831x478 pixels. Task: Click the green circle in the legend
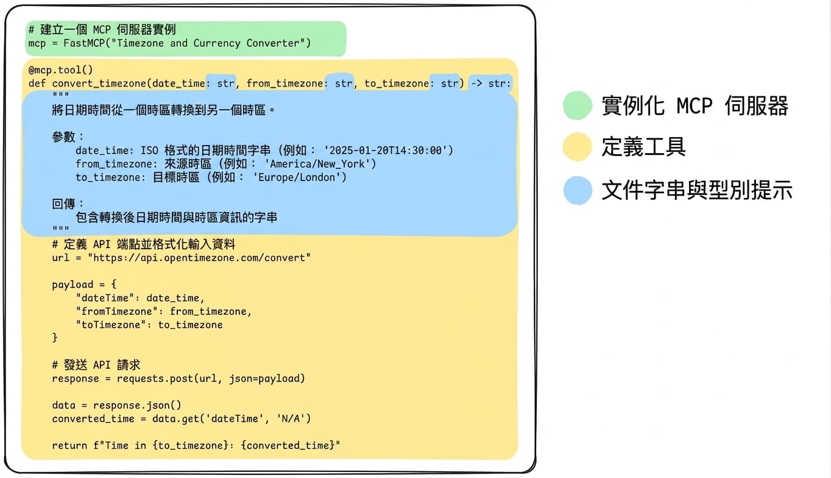[x=577, y=105]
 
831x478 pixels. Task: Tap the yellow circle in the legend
[x=577, y=147]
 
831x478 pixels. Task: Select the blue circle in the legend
[x=577, y=190]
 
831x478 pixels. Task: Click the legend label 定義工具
[x=643, y=146]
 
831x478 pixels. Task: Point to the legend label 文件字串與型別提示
[x=697, y=190]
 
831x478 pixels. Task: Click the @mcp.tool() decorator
[x=60, y=70]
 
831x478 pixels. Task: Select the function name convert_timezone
[x=99, y=84]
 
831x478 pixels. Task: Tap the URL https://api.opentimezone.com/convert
[x=199, y=258]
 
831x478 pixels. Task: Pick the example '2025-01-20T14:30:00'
[x=386, y=151]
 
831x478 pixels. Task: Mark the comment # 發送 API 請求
[x=96, y=365]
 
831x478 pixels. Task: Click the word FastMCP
[x=84, y=43]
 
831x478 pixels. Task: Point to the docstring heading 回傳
[x=63, y=204]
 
